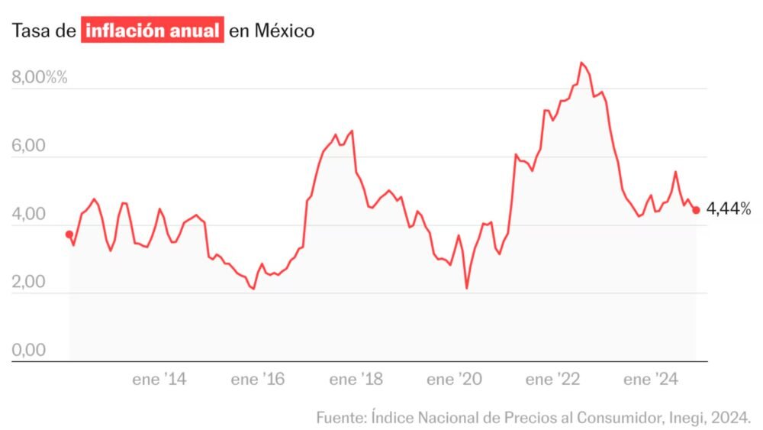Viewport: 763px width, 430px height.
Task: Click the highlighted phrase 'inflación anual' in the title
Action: [153, 31]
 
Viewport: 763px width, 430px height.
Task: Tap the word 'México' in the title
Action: [283, 31]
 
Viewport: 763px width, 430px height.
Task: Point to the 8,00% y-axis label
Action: [40, 77]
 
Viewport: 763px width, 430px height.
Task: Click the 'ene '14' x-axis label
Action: [159, 380]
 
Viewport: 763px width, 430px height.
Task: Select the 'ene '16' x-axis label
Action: [257, 380]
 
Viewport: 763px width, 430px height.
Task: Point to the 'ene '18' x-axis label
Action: [356, 380]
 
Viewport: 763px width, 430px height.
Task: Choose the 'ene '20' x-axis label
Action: [453, 380]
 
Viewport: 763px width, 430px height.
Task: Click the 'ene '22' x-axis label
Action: [552, 380]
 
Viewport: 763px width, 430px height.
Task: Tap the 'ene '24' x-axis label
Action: [650, 380]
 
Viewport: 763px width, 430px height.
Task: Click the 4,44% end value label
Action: [729, 208]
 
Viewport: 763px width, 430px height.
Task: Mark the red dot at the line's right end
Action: [696, 210]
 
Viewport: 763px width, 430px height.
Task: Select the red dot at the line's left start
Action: [69, 234]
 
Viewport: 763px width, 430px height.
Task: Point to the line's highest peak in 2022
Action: [581, 63]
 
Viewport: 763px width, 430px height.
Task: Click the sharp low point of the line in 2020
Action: [466, 288]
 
